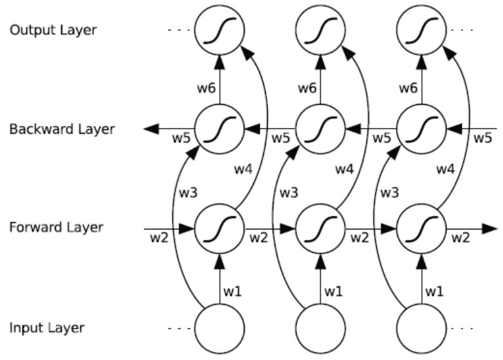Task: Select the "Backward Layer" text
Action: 62,129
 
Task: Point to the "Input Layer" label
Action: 47,327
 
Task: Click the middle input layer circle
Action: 320,327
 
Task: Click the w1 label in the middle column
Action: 333,292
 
